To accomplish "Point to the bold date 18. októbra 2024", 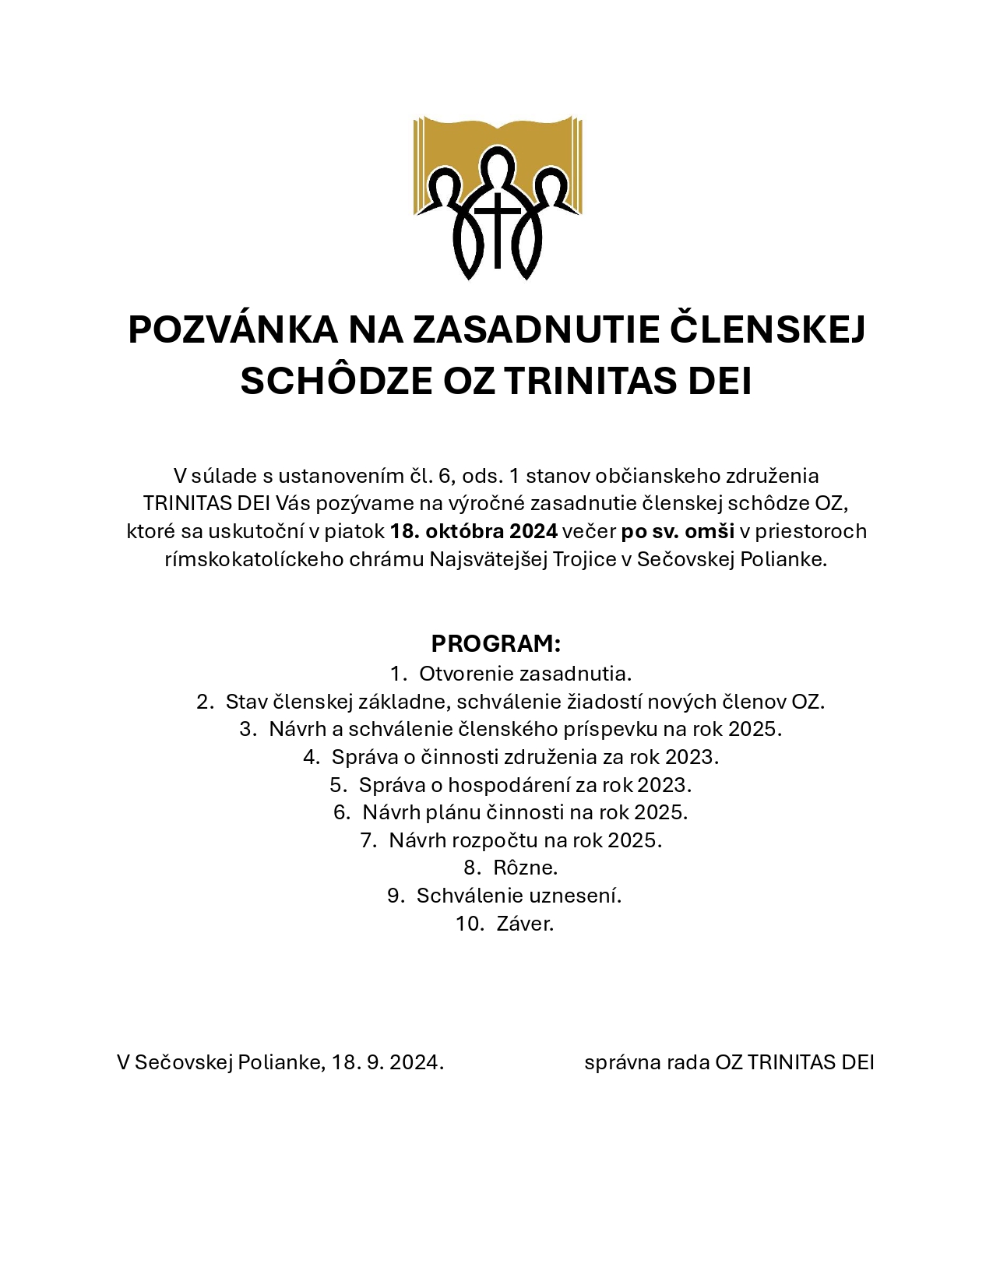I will (474, 531).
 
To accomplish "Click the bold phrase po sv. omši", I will (678, 531).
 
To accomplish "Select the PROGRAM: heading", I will (496, 644).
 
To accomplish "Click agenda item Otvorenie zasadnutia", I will (525, 673).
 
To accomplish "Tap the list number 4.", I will (311, 756).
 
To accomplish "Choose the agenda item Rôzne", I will (525, 868).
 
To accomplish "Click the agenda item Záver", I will (525, 924).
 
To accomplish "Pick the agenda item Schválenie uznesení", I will (519, 896).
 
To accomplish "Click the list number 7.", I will (368, 840).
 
